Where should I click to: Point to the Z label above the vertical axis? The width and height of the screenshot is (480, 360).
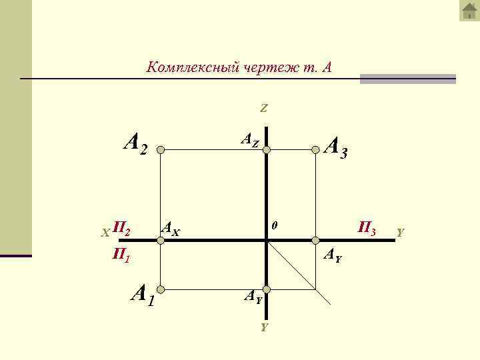pos(264,108)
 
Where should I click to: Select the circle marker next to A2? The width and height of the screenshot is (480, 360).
pos(160,151)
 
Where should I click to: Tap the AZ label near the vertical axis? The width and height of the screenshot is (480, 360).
pos(249,141)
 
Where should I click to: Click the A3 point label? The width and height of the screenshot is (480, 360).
pos(335,148)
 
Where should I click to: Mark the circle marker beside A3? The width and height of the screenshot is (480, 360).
pos(317,151)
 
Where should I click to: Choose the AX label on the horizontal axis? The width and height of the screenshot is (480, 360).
pos(171,231)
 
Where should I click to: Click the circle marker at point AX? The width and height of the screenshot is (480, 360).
pos(160,240)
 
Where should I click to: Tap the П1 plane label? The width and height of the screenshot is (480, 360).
pos(121,254)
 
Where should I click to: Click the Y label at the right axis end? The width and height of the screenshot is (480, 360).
pos(399,233)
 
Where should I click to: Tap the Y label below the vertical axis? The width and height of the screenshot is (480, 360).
pos(264,327)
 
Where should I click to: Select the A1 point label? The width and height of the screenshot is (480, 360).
pos(143,294)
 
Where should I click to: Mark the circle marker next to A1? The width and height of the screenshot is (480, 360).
pos(160,289)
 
